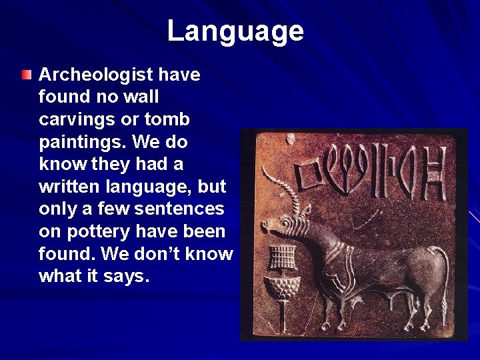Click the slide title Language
pos(235,31)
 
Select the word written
pos(69,187)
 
